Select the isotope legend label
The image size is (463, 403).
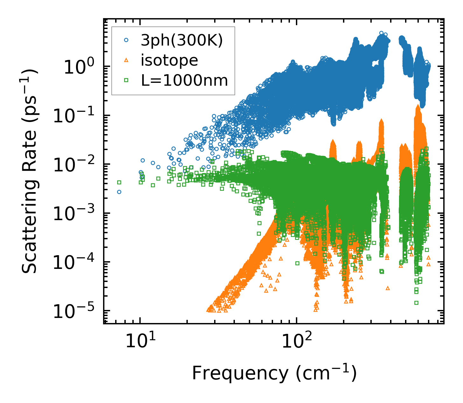[x=169, y=61]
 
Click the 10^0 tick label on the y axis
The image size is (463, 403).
[x=79, y=68]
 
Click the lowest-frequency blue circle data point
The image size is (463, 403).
[x=119, y=192]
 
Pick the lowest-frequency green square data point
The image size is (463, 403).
[x=119, y=182]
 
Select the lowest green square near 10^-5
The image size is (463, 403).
[x=416, y=303]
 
